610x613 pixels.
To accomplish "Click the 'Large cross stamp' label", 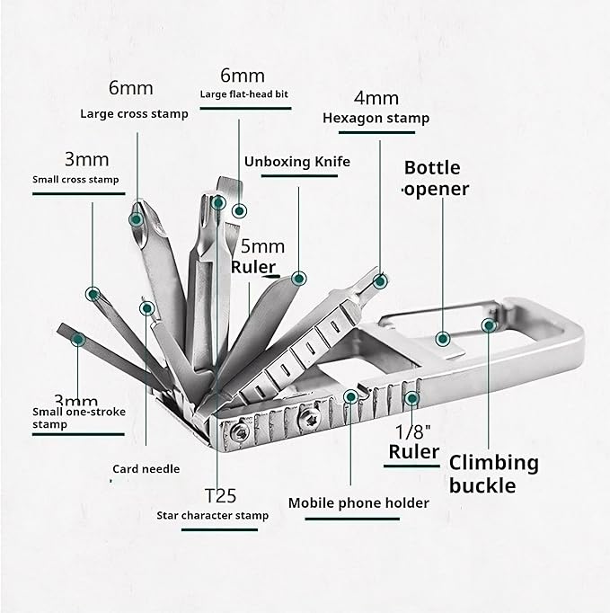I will (134, 114).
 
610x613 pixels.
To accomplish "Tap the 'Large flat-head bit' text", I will (243, 93).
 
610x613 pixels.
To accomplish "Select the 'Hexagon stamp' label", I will (376, 118).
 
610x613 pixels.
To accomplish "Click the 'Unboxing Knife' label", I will (296, 162).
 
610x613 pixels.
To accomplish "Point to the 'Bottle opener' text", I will (435, 178).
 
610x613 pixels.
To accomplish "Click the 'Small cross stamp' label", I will (75, 180).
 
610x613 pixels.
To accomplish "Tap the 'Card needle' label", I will (146, 468).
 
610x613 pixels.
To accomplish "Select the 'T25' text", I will (222, 495).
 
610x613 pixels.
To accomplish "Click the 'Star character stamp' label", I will (212, 516).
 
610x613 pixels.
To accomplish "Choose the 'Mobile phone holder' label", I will (358, 503).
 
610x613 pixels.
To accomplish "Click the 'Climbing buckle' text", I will (493, 474).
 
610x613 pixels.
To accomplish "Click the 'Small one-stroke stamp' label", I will (78, 418).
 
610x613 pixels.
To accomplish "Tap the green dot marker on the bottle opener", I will (442, 339).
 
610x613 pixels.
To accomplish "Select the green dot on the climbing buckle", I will (490, 325).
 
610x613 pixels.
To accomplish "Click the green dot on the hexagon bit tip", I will (383, 281).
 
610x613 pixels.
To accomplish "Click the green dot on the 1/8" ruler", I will (412, 398).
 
